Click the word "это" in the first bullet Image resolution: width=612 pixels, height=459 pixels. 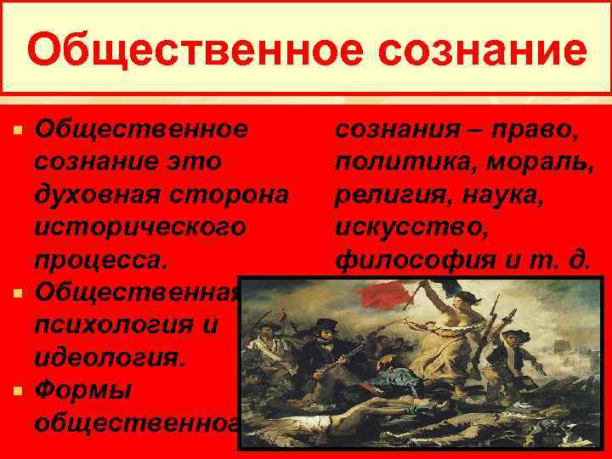click(x=191, y=161)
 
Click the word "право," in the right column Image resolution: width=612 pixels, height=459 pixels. click(x=539, y=129)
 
